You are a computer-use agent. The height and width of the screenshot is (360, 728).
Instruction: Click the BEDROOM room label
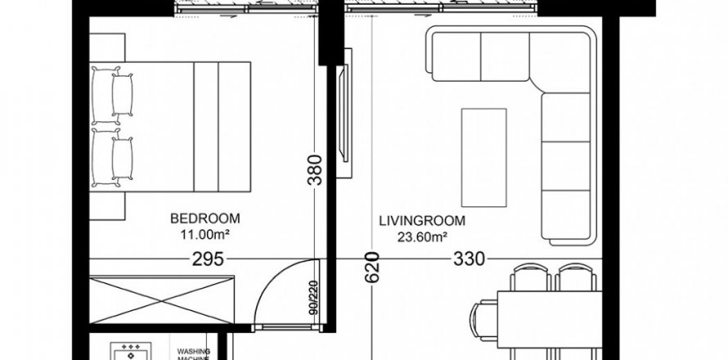point(204,218)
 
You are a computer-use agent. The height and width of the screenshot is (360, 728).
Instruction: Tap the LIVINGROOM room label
point(422,221)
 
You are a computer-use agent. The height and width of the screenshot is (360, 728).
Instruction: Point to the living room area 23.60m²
point(422,237)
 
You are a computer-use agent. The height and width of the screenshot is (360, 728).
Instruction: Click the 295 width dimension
point(208,259)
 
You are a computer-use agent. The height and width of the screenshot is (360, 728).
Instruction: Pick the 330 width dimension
point(469,259)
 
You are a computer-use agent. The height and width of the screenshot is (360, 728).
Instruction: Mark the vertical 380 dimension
point(316,170)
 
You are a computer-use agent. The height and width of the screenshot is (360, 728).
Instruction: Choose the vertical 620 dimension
point(372,268)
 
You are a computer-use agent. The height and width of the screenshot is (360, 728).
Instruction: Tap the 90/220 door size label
point(314,298)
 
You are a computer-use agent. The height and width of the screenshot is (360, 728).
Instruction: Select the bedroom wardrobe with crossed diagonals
point(162,300)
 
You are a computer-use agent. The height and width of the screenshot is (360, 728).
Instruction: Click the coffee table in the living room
point(483,157)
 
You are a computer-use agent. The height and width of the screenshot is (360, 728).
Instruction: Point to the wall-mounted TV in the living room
point(344,114)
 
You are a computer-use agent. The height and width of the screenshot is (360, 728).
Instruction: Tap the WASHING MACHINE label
point(194,354)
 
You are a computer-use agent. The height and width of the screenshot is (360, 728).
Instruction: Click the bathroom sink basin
point(131,352)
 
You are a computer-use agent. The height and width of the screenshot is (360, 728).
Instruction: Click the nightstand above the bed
point(107,47)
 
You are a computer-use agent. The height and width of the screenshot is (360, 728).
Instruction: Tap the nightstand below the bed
point(107,206)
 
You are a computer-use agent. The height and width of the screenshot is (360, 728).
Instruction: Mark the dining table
point(550,319)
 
